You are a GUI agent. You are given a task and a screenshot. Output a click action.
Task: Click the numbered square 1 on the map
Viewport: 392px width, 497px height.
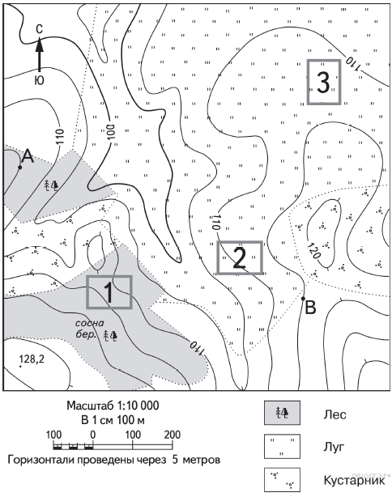tap(109, 292)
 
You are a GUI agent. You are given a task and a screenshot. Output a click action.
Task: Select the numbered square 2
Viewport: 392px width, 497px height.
tap(240, 257)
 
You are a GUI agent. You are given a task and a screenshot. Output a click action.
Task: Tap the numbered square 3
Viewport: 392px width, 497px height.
tap(324, 82)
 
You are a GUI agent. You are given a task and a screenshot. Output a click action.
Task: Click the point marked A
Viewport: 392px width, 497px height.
tap(20, 167)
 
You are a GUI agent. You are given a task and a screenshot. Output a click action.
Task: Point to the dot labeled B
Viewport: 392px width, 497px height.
tap(303, 298)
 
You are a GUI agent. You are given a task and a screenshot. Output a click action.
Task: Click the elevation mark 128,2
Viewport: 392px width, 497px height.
tap(32, 359)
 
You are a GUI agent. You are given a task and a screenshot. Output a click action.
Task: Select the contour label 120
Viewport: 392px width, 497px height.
tap(313, 251)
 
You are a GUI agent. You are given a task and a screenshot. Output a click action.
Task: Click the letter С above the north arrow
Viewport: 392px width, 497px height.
tap(39, 29)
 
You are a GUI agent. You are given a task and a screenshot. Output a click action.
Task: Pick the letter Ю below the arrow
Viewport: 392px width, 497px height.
tap(39, 80)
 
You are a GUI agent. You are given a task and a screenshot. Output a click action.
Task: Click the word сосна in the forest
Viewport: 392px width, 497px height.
tap(89, 323)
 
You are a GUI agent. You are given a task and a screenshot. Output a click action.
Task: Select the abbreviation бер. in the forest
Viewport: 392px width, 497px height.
tap(86, 334)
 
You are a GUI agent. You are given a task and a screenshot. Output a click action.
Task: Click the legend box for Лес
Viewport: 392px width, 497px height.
tap(282, 413)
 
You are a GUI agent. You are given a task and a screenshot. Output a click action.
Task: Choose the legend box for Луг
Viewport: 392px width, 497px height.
tap(282, 446)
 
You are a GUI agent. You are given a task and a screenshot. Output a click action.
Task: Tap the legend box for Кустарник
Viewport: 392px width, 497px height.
tap(282, 480)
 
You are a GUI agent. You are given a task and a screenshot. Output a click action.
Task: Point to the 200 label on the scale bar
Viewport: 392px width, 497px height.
tap(173, 435)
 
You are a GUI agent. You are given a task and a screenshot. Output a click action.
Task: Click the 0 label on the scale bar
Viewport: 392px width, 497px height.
tap(92, 435)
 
